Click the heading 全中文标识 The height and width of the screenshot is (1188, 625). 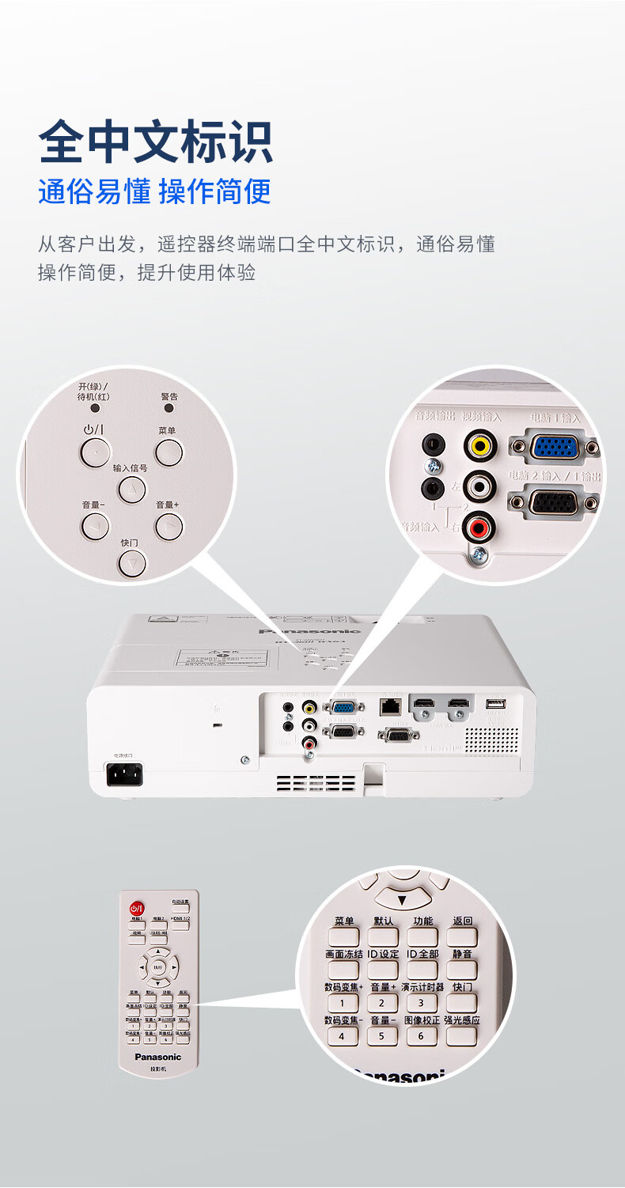point(156,142)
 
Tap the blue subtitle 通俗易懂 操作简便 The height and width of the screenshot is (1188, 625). point(154,191)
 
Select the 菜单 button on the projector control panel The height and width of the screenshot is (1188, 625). point(169,452)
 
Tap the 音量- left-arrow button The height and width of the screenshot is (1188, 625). point(95,525)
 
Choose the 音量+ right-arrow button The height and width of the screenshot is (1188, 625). point(169,525)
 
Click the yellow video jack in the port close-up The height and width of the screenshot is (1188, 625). point(479,445)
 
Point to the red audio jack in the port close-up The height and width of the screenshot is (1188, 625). point(479,524)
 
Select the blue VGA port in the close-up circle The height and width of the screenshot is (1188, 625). point(554,447)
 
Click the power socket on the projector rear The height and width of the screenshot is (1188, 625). point(124,775)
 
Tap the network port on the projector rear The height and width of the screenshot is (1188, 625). point(389,705)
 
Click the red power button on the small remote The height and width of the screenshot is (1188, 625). point(137,908)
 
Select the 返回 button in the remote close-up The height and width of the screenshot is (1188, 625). point(462,936)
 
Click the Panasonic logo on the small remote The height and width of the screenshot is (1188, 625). point(158,1057)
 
